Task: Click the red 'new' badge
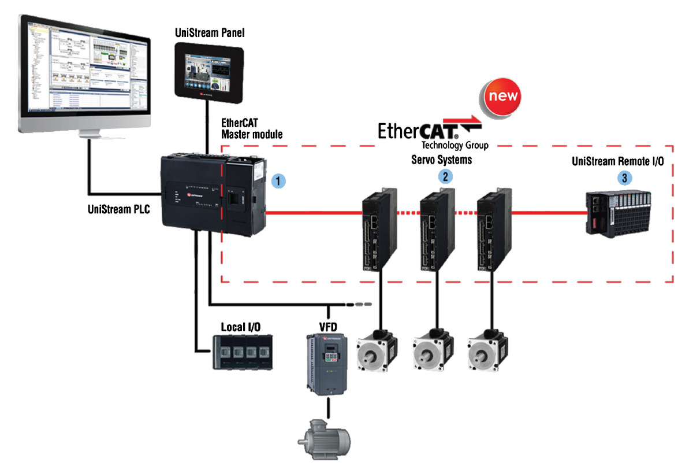point(501,96)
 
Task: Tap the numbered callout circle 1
point(278,180)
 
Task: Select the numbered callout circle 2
point(445,176)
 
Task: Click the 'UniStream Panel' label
point(210,33)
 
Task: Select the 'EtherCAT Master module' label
point(252,129)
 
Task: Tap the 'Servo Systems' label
point(441,160)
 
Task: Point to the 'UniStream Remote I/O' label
point(618,161)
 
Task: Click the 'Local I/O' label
point(241,327)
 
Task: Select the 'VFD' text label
point(327,327)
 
